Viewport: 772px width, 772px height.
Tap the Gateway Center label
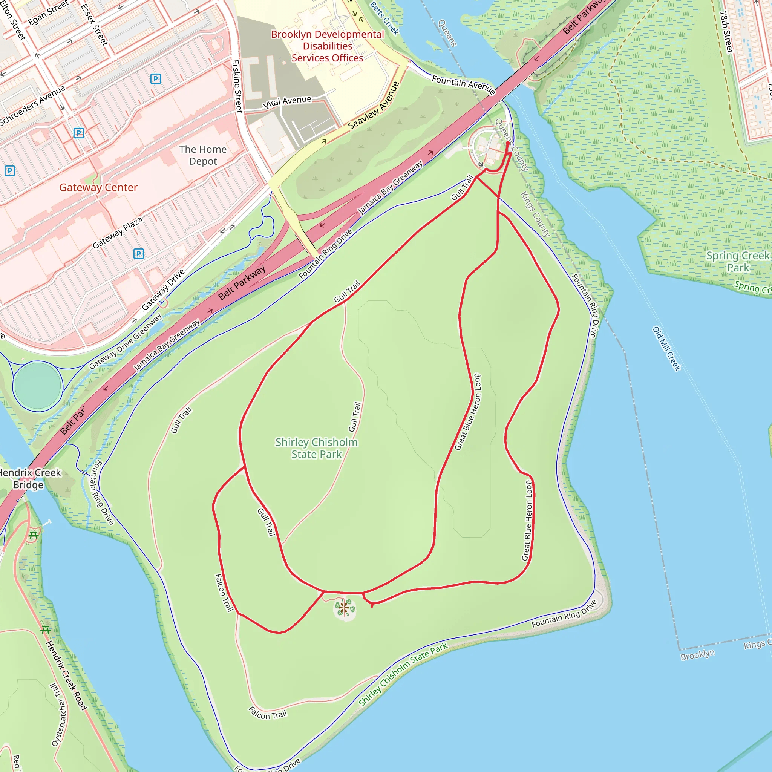(98, 187)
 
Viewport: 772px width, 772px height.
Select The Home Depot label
(203, 155)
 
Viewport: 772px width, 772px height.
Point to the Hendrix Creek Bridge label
(29, 478)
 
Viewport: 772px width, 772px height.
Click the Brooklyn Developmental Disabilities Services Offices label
(327, 46)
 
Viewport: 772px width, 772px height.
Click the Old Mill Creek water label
(666, 348)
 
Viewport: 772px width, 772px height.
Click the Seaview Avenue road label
(374, 106)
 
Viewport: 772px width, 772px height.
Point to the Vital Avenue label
(287, 102)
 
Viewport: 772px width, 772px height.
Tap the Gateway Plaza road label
(118, 233)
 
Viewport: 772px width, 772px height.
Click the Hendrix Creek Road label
(66, 675)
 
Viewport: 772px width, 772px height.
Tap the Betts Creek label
(384, 18)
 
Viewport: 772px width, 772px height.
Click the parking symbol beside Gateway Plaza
(139, 253)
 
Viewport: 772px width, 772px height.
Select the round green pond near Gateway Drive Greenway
(38, 386)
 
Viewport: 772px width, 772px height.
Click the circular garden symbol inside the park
(345, 608)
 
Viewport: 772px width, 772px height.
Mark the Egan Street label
(48, 14)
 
